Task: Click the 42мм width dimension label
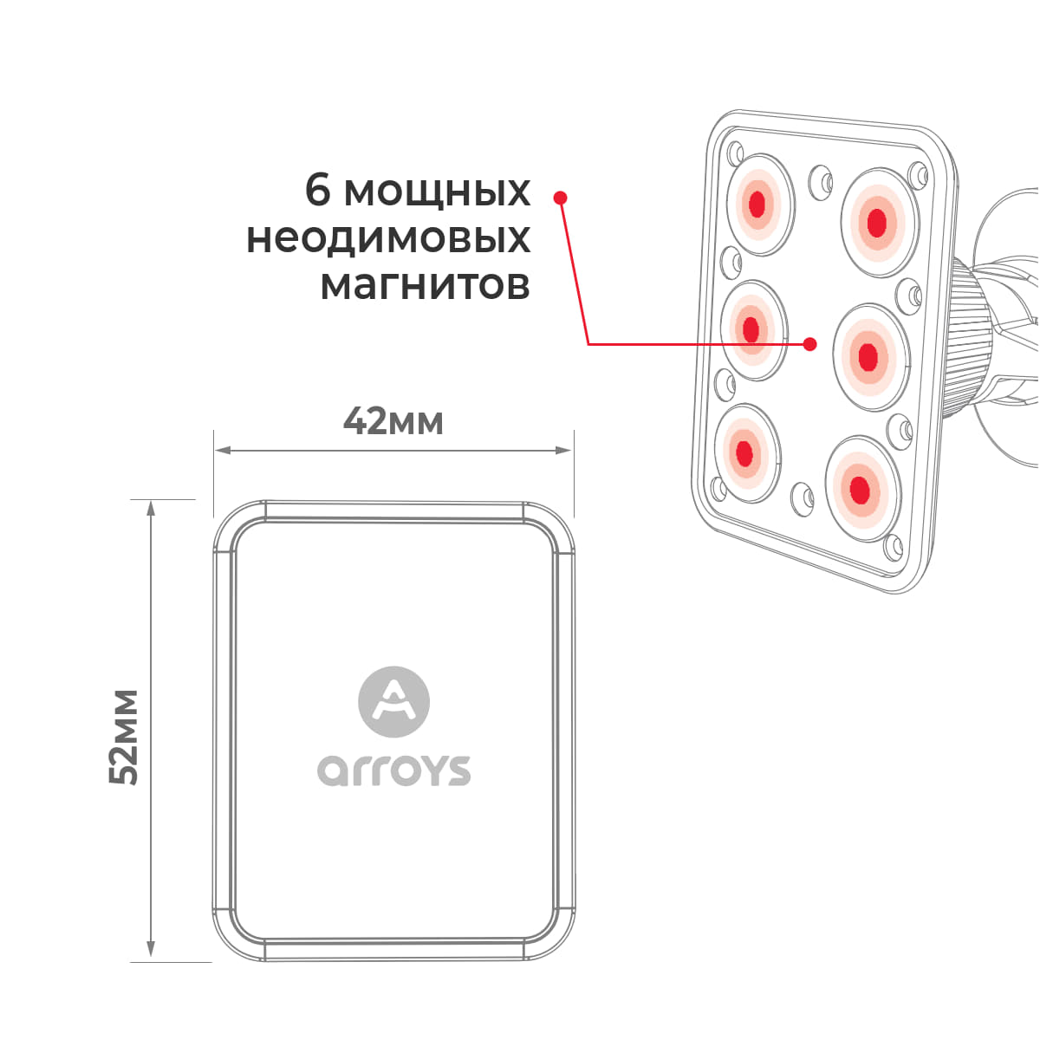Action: click(x=393, y=421)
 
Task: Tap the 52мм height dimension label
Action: click(x=124, y=737)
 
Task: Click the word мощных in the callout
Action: click(x=437, y=192)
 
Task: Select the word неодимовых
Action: click(x=388, y=238)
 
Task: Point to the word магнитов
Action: click(x=426, y=285)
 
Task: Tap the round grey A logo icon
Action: click(x=394, y=702)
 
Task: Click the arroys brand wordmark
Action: click(x=394, y=770)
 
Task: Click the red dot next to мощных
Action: click(x=560, y=198)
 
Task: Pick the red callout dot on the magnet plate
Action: click(x=809, y=344)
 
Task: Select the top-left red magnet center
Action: click(x=757, y=204)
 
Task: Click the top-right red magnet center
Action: click(x=877, y=222)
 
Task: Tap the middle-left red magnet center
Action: click(x=751, y=329)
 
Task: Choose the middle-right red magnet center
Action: click(x=868, y=357)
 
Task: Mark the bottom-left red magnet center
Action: click(x=744, y=452)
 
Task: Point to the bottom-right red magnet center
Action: click(x=859, y=490)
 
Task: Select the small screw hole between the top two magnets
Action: click(x=821, y=179)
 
